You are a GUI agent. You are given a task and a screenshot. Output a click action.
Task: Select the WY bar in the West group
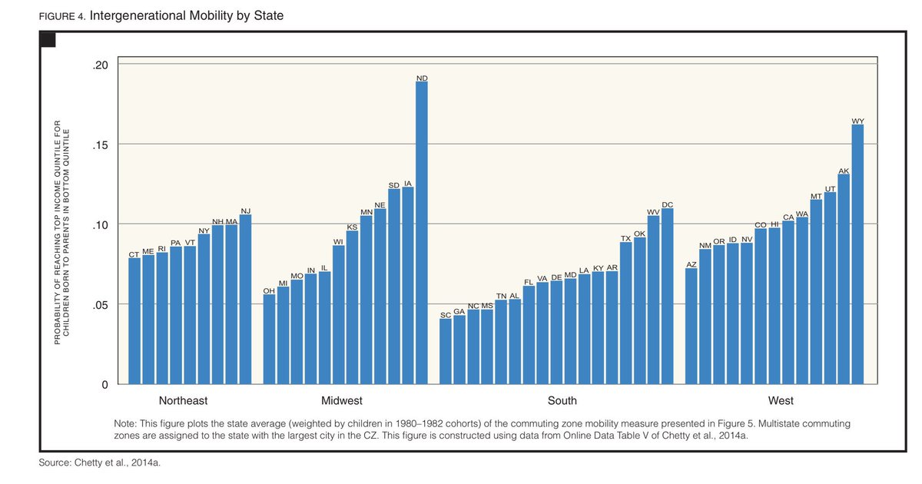pyautogui.click(x=857, y=254)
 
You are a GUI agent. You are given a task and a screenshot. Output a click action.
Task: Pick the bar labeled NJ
pyautogui.click(x=245, y=299)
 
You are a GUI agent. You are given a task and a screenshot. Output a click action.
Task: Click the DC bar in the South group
pyautogui.click(x=667, y=296)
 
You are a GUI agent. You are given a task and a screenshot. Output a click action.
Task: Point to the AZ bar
pyautogui.click(x=691, y=326)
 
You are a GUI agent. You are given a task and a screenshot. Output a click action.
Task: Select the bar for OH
pyautogui.click(x=269, y=339)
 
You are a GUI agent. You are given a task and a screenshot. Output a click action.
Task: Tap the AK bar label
pyautogui.click(x=844, y=171)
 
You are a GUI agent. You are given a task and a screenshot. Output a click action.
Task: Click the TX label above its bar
pyautogui.click(x=626, y=238)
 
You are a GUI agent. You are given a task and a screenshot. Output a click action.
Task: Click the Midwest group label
pyautogui.click(x=341, y=401)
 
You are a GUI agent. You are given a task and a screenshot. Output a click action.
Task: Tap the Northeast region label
pyautogui.click(x=183, y=401)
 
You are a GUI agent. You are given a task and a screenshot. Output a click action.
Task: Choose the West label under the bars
pyautogui.click(x=781, y=401)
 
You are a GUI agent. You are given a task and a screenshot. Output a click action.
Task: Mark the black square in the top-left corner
pyautogui.click(x=47, y=40)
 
